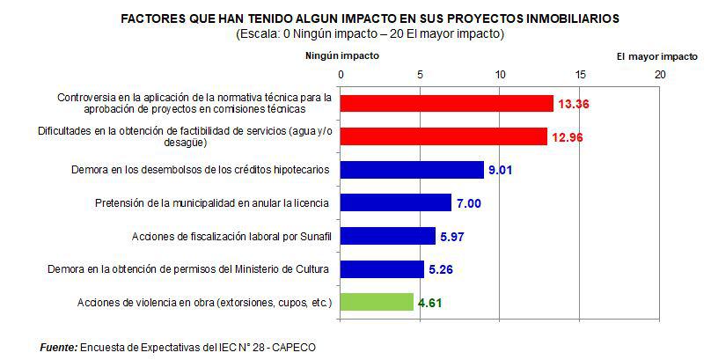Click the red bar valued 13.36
[x=446, y=103]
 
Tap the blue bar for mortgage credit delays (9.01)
[x=411, y=169]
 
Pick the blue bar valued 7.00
[x=395, y=202]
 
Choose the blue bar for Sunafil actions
[x=387, y=236]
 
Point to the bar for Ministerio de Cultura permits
[x=381, y=268]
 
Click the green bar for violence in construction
[x=376, y=302]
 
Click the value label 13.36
[x=573, y=104]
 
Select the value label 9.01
[x=500, y=170]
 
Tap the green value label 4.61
[x=429, y=303]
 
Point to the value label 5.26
[x=440, y=269]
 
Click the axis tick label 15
[x=581, y=75]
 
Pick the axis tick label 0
[x=340, y=75]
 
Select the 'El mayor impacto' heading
[x=656, y=55]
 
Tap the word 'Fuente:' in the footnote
[x=59, y=348]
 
